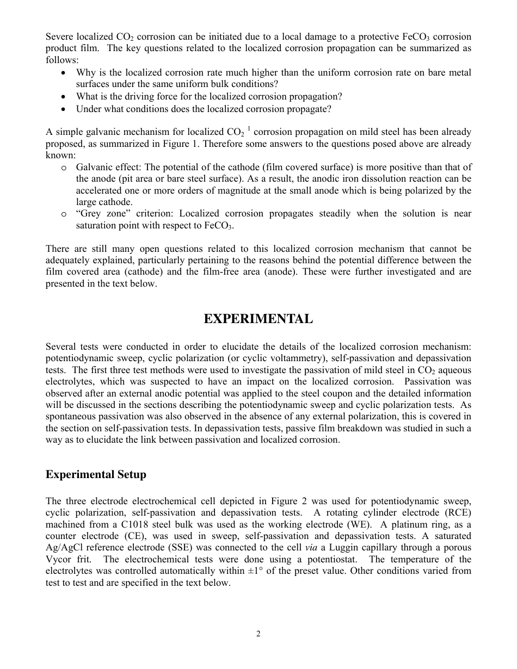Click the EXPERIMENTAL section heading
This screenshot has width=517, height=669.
click(258, 319)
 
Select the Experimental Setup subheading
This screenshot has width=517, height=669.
click(96, 474)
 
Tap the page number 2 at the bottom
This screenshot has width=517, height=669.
click(258, 634)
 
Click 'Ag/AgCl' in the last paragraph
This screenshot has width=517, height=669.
click(62, 548)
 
